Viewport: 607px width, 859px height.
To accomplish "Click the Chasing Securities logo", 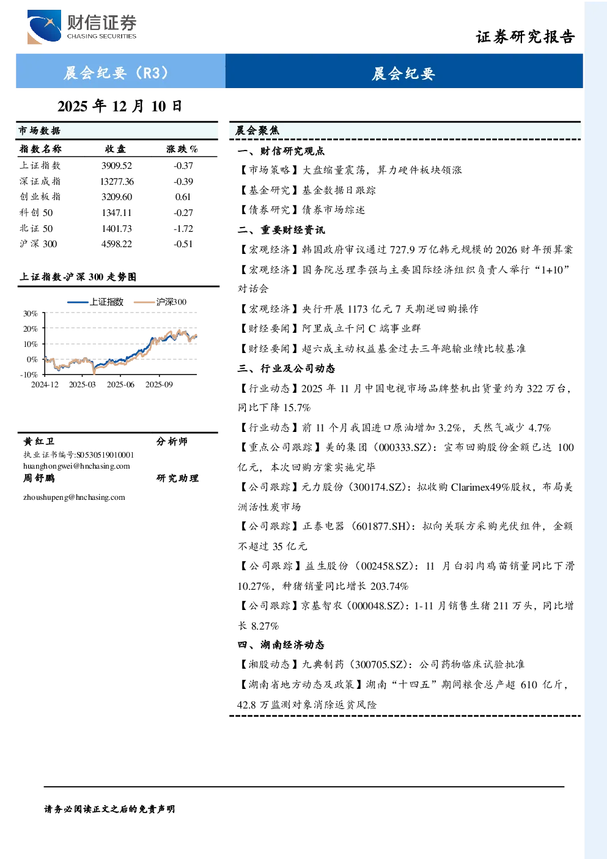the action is pyautogui.click(x=82, y=26).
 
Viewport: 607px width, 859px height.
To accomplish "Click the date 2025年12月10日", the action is pyautogui.click(x=120, y=106).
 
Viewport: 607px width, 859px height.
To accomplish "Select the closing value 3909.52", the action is pyautogui.click(x=117, y=166).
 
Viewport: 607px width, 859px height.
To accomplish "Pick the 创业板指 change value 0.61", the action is pyautogui.click(x=183, y=197).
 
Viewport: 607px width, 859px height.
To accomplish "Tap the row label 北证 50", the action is pyautogui.click(x=37, y=229).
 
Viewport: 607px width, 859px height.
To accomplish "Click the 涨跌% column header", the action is pyautogui.click(x=182, y=149).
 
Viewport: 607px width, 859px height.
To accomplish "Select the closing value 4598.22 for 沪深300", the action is pyautogui.click(x=117, y=244).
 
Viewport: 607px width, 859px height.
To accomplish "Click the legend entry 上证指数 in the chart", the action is pyautogui.click(x=95, y=302).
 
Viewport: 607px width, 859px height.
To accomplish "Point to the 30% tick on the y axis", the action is pyautogui.click(x=31, y=313).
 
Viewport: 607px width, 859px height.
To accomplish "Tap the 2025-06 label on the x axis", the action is pyautogui.click(x=120, y=384).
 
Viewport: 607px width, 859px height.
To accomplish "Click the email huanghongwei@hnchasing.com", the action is pyautogui.click(x=76, y=466).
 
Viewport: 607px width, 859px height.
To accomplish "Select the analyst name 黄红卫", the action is pyautogui.click(x=39, y=441).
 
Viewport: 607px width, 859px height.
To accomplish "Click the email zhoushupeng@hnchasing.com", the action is pyautogui.click(x=74, y=497).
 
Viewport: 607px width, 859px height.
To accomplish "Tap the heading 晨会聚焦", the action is pyautogui.click(x=257, y=130).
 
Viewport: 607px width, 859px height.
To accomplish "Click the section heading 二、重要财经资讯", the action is pyautogui.click(x=281, y=229).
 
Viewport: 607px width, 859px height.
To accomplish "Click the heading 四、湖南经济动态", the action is pyautogui.click(x=281, y=645).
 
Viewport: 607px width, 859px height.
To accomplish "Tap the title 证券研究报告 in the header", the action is pyautogui.click(x=525, y=37).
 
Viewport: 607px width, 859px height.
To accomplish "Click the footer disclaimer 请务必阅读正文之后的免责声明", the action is pyautogui.click(x=109, y=809).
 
